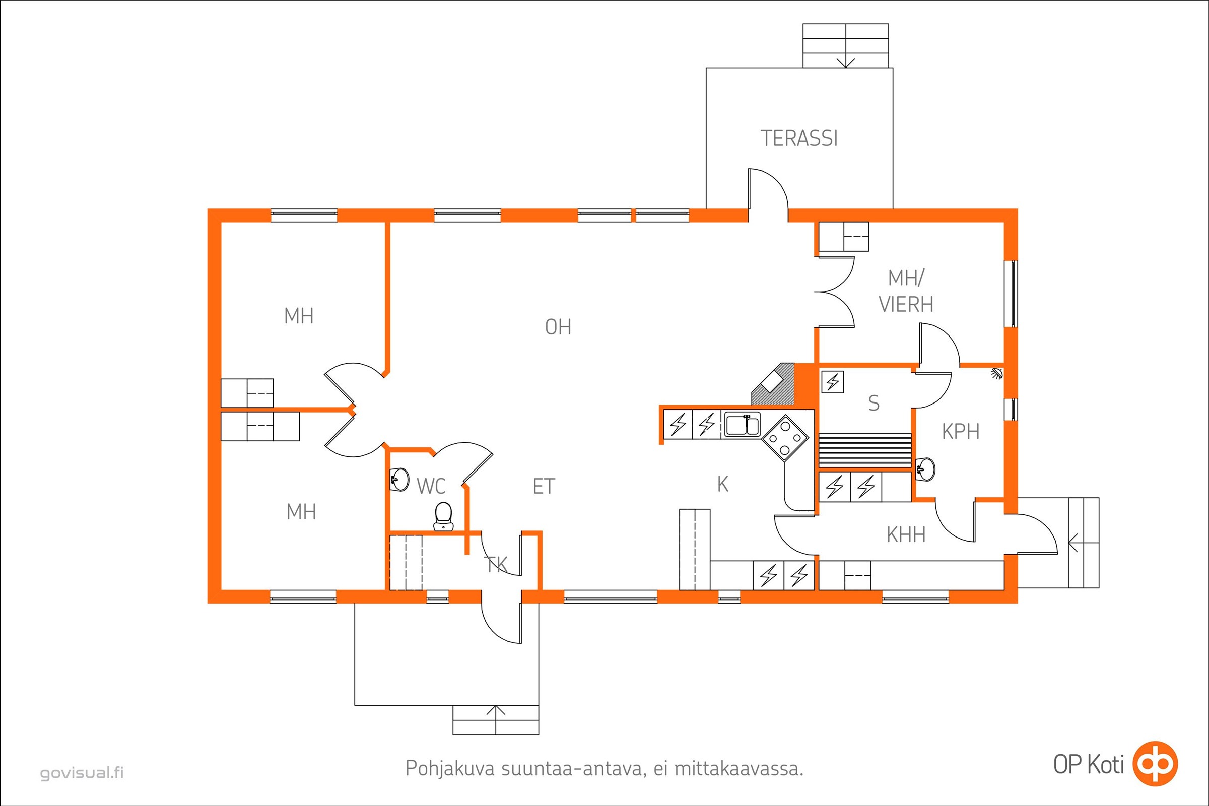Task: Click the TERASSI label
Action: tap(799, 138)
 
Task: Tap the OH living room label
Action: tap(558, 327)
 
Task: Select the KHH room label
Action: tap(906, 535)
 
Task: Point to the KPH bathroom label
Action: tap(961, 432)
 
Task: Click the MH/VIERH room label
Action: tap(906, 292)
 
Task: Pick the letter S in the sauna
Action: tap(874, 404)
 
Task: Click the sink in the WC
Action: tap(399, 480)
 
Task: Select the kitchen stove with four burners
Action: tap(784, 438)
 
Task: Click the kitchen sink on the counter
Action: tap(743, 426)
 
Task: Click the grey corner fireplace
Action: tap(774, 384)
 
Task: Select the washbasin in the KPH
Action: tap(926, 469)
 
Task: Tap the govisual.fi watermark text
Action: tap(82, 773)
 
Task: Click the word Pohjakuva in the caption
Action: tap(450, 769)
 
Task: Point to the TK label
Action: tap(496, 564)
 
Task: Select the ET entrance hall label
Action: tap(545, 486)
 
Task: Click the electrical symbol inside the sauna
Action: tap(833, 382)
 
